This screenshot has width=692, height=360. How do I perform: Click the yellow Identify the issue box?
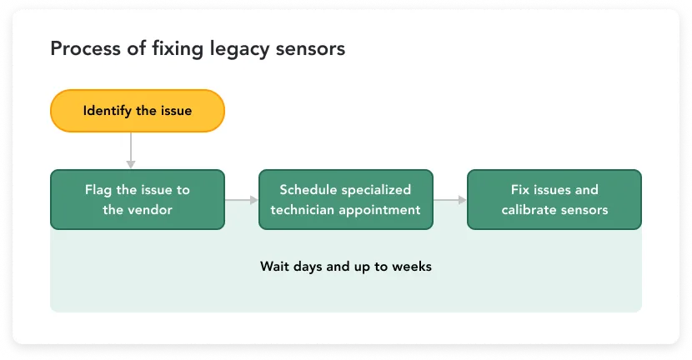pos(138,111)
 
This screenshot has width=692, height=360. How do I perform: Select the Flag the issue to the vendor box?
pos(138,199)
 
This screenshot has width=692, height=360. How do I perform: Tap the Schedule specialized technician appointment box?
pos(345,199)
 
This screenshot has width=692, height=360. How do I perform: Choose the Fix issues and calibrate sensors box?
pos(554,199)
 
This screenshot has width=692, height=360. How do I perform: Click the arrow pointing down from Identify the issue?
pos(131,151)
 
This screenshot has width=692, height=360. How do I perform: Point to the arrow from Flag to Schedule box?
pos(242,200)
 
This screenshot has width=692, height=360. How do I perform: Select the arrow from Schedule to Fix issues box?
pos(450,200)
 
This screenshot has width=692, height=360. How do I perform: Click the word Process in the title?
pos(85,48)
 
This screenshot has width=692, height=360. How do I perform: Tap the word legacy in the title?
pos(239,49)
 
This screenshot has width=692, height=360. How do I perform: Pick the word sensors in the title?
pos(310,49)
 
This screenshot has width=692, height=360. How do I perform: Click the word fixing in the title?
pos(178,49)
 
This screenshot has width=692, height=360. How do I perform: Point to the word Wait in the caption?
pos(274,267)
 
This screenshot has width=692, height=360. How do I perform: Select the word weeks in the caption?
pos(412,267)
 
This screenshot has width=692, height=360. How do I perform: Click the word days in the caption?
pos(308,267)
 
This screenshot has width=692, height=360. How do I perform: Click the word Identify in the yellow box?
pos(108,111)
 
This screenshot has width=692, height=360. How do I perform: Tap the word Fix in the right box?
pos(519,190)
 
